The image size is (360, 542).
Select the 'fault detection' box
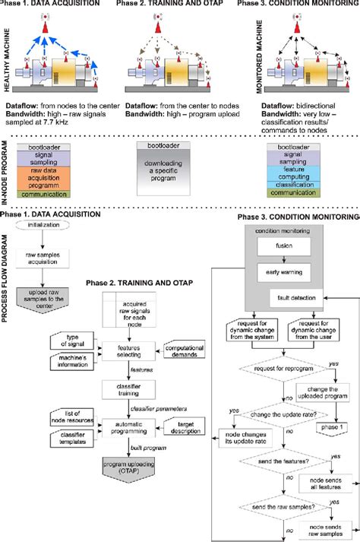tap(307, 299)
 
